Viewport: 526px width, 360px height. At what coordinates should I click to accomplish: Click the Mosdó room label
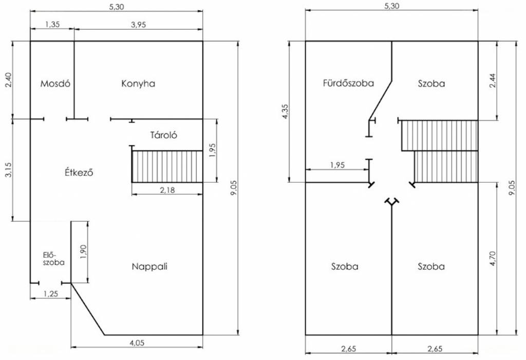pyautogui.click(x=55, y=84)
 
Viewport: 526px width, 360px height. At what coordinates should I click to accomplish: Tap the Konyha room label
pyautogui.click(x=138, y=84)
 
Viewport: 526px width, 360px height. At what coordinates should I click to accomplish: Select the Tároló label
pyautogui.click(x=163, y=135)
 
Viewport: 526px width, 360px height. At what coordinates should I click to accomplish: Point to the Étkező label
pyautogui.click(x=79, y=173)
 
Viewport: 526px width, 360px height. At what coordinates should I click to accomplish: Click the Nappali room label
pyautogui.click(x=149, y=267)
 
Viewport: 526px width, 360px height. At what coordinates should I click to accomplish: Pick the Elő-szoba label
pyautogui.click(x=53, y=258)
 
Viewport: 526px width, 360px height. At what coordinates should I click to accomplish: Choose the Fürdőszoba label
pyautogui.click(x=348, y=83)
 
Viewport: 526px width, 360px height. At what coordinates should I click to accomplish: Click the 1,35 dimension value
pyautogui.click(x=52, y=24)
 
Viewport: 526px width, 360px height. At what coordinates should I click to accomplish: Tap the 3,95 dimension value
pyautogui.click(x=138, y=25)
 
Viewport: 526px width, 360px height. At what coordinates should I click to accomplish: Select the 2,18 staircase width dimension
pyautogui.click(x=167, y=190)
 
